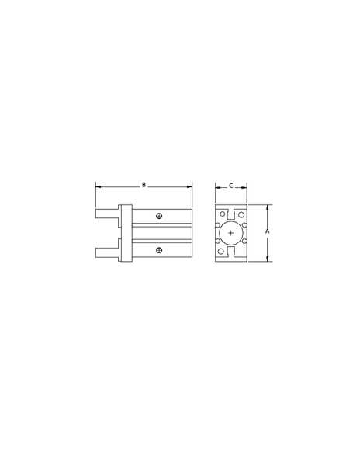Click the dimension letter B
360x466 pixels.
click(x=144, y=185)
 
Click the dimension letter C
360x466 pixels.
click(x=231, y=186)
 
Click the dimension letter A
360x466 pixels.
click(x=267, y=231)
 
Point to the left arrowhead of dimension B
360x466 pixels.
click(x=99, y=186)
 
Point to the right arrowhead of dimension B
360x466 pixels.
click(x=189, y=186)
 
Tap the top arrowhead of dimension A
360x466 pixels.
click(x=268, y=207)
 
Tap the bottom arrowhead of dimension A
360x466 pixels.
click(x=268, y=259)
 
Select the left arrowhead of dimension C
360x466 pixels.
click(x=218, y=187)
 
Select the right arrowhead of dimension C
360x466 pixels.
click(x=244, y=187)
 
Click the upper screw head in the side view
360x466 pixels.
click(x=159, y=216)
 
